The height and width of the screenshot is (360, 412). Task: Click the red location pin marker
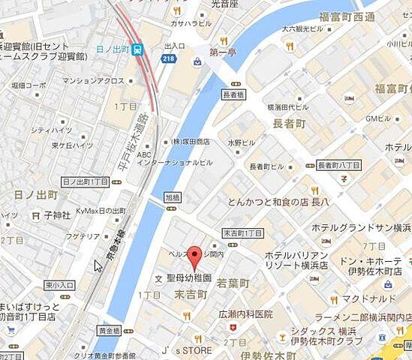[194, 256]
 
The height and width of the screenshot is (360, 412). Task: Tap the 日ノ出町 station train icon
[137, 49]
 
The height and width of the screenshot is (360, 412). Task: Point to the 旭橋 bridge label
[172, 197]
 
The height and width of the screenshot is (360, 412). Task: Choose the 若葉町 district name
[233, 284]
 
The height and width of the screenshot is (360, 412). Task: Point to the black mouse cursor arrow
[98, 265]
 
